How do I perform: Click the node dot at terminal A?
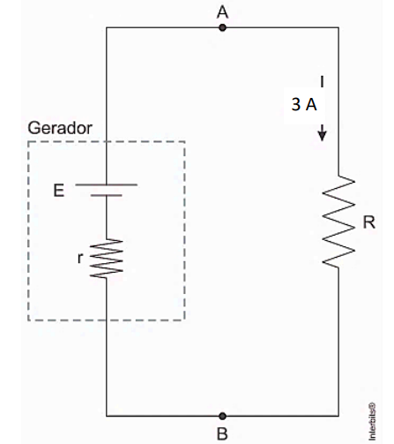click(x=223, y=28)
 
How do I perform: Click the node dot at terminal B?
click(x=223, y=416)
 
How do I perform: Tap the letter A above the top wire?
click(x=222, y=12)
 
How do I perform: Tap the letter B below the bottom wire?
click(x=222, y=433)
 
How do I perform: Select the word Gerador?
click(x=60, y=128)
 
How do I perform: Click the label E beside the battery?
click(x=59, y=191)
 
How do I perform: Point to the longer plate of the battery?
click(x=107, y=184)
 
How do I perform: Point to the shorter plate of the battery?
click(x=107, y=195)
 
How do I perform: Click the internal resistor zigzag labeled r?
click(x=107, y=259)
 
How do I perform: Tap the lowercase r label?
click(x=80, y=259)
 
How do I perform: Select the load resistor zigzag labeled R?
click(x=338, y=222)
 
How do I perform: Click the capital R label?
click(x=369, y=222)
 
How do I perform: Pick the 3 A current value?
click(x=304, y=104)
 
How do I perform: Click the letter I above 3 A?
click(x=323, y=81)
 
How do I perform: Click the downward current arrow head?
click(x=323, y=136)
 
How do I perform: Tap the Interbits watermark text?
click(x=372, y=421)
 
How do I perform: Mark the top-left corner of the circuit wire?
click(x=107, y=27)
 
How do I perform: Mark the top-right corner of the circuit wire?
click(x=338, y=27)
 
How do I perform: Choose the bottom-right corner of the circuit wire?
click(x=338, y=416)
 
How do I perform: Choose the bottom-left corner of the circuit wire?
click(x=107, y=416)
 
